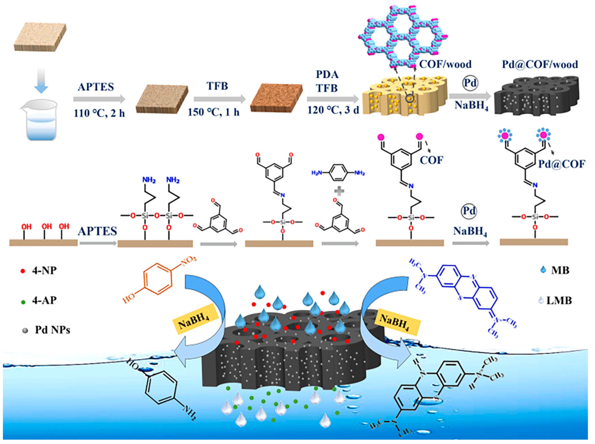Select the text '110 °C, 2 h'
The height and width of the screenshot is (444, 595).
99,113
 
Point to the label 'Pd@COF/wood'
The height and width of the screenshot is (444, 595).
540,64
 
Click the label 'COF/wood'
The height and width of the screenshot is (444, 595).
445,64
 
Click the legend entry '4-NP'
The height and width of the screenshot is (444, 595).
44,271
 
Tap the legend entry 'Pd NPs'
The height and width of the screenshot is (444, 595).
52,330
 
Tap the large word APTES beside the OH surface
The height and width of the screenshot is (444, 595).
97,231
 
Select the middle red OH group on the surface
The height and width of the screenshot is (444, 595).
46,226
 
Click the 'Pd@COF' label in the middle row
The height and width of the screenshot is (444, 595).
561,164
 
